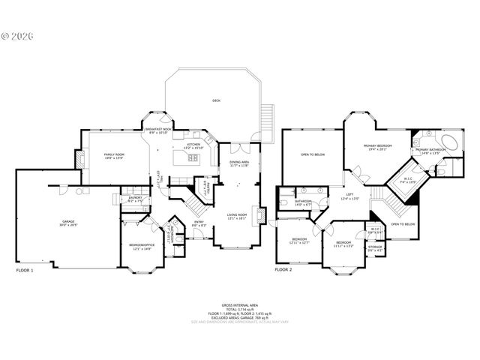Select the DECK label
click(216, 100)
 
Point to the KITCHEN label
click(193, 145)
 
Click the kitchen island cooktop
click(193, 158)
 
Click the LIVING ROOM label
click(238, 214)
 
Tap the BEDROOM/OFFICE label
click(140, 246)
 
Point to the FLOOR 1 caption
click(25, 269)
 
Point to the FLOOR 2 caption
click(283, 269)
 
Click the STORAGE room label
click(375, 247)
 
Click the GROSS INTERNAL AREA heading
click(239, 304)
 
